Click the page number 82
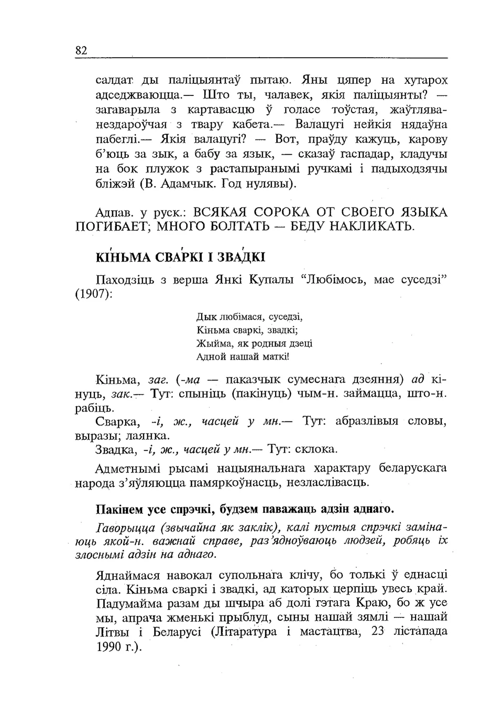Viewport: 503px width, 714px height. pyautogui.click(x=81, y=51)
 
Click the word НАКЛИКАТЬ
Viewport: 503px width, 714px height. pyautogui.click(x=367, y=228)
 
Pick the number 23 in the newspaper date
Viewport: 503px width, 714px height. pyautogui.click(x=378, y=631)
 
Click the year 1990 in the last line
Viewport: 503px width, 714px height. pyautogui.click(x=108, y=646)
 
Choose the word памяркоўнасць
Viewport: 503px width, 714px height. pyautogui.click(x=242, y=482)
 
